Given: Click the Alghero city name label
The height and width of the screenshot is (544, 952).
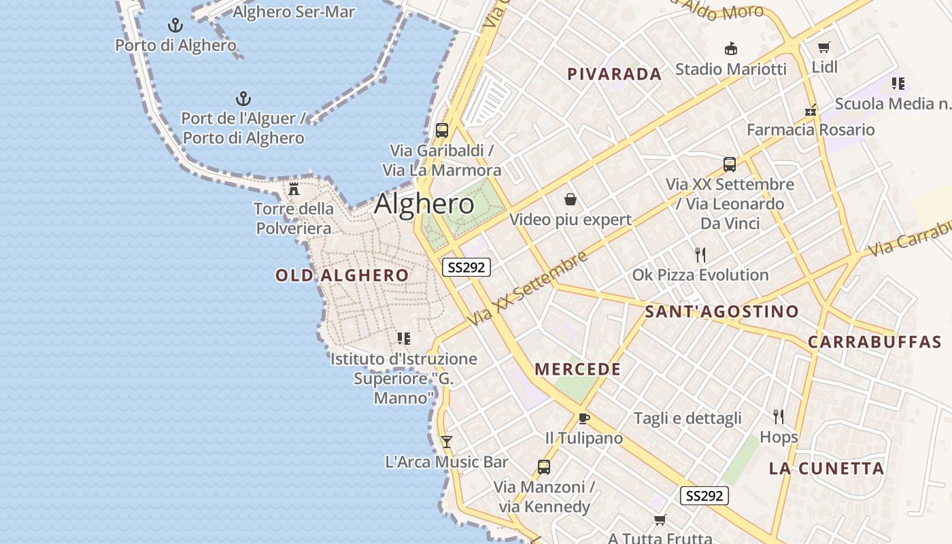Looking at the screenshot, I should pos(424,204).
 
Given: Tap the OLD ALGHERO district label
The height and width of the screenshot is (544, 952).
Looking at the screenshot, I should pos(342,275).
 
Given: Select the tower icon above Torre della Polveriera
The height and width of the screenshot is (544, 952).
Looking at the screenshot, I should pos(294,188).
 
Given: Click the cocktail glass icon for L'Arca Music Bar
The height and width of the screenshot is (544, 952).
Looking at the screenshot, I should pos(446,441).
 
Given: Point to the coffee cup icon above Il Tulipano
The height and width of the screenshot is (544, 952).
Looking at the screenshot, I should pos(583,418).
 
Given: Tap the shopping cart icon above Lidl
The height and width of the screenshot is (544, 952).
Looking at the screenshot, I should pos(824,47).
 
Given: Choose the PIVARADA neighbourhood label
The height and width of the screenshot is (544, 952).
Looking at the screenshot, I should pos(614,74).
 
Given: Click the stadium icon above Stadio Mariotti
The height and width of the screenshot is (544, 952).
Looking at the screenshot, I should pos(731,48).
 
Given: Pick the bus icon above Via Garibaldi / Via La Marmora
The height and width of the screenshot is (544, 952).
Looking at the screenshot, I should pos(442,130).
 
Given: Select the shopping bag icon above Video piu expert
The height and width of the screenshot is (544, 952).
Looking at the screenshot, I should pos(571,199).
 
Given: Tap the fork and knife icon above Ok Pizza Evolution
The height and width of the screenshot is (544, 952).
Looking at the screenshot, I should pos(700,255).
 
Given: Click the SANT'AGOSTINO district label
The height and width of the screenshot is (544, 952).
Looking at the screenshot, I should pos(721,312).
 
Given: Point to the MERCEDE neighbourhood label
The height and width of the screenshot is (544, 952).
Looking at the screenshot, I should pos(577,369).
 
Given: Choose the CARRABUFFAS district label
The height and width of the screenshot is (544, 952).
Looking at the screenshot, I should pos(874,342).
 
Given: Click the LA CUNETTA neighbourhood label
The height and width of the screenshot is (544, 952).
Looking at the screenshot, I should pos(826,469).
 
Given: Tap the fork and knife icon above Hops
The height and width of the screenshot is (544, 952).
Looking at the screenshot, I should pos(779,416).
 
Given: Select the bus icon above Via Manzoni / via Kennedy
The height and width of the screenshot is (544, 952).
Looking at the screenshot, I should pos(543,467).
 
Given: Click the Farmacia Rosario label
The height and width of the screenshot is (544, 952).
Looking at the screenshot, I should pos(811,130).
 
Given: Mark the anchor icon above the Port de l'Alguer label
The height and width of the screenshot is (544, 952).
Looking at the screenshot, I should pos(243,99).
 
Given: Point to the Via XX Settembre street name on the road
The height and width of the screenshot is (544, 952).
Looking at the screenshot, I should pos(528,288).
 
